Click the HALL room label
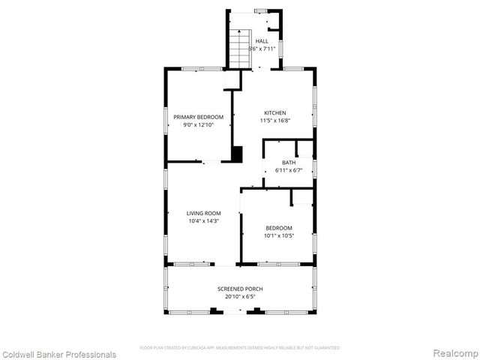click(x=261, y=41)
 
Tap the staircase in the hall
click(x=239, y=49)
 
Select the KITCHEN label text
click(x=274, y=113)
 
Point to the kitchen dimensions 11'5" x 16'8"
click(x=274, y=121)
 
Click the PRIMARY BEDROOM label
click(x=199, y=117)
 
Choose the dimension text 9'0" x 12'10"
click(x=199, y=124)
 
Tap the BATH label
click(x=289, y=163)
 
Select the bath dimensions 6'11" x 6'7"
click(x=289, y=170)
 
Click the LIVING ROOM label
click(x=204, y=214)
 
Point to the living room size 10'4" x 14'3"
click(x=204, y=221)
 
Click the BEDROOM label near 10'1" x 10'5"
click(x=278, y=228)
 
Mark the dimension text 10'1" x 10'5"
click(x=278, y=235)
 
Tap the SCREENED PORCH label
click(x=240, y=289)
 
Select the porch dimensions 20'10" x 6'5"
click(x=240, y=296)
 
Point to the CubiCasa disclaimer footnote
click(x=240, y=348)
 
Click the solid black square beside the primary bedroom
click(x=237, y=154)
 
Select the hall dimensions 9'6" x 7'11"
click(x=261, y=49)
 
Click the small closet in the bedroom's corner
click(x=301, y=196)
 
